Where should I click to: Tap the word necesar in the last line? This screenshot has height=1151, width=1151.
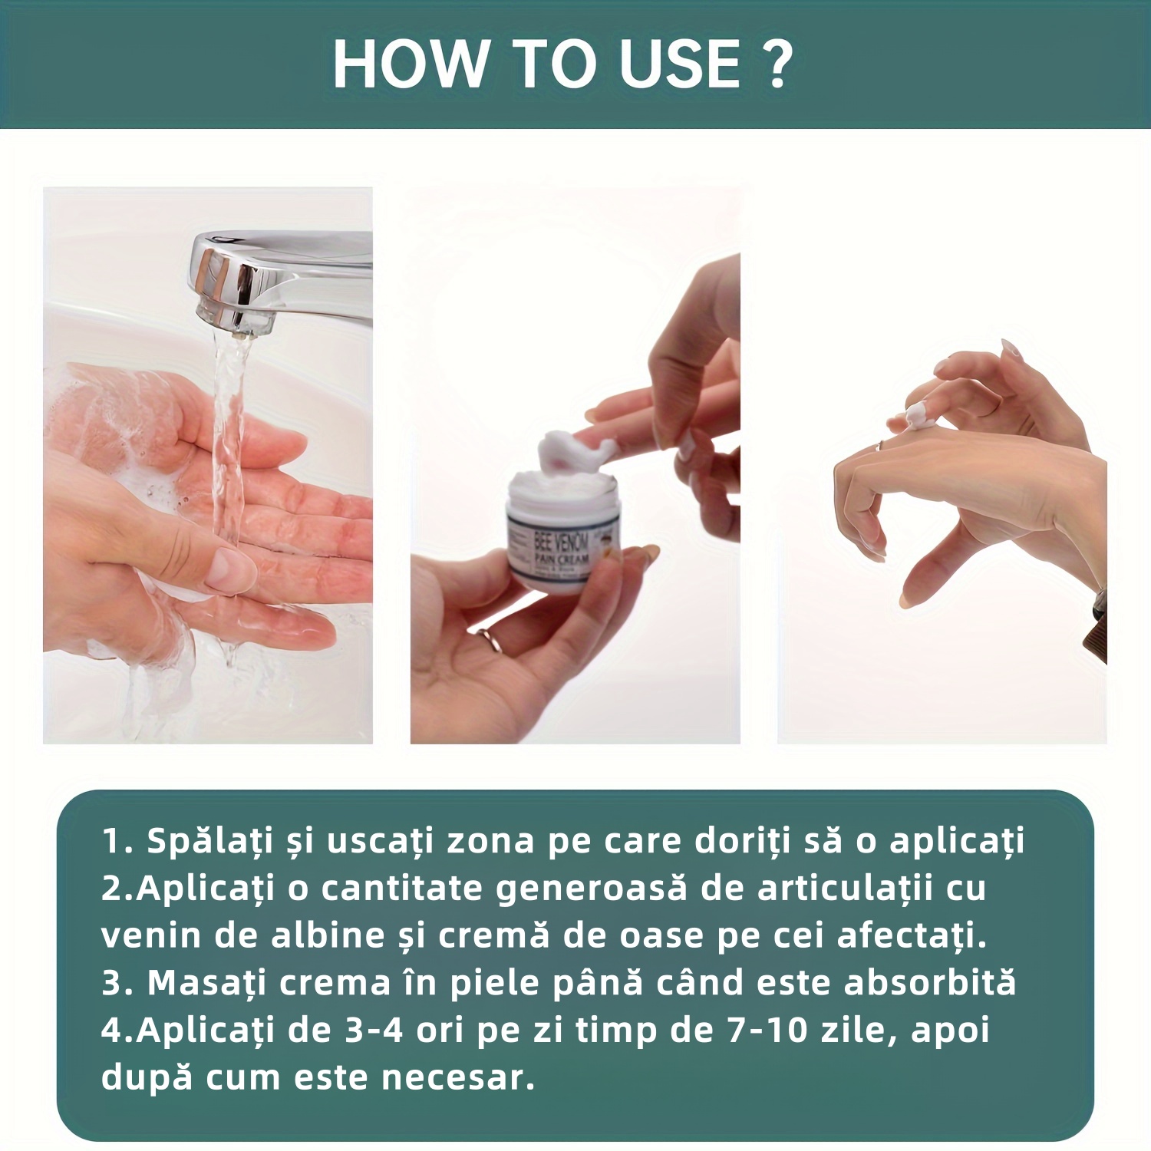457,1078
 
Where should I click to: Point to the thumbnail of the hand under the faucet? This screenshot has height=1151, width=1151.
230,568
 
